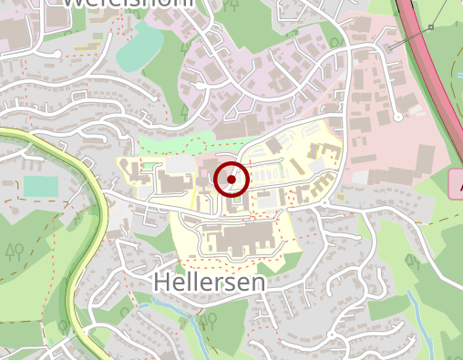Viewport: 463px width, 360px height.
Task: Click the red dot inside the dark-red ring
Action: tap(231, 180)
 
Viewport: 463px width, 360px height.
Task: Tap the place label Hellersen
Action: tap(210, 283)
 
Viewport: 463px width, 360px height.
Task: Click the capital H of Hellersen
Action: tap(162, 283)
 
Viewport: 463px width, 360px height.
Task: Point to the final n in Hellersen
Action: tap(259, 283)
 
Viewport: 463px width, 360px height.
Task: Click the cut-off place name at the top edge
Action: tap(128, 4)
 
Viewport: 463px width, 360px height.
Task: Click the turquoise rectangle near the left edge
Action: tap(37, 186)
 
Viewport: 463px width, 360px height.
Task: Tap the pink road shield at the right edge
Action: tap(456, 184)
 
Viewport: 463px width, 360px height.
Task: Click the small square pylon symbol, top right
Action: tap(430, 28)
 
